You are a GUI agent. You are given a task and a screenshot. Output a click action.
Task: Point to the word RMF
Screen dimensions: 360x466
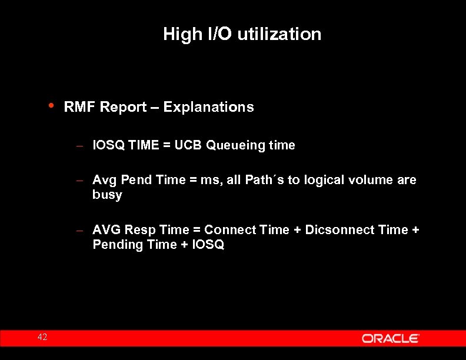(81, 107)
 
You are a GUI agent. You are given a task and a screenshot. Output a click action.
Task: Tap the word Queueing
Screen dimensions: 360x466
(235, 145)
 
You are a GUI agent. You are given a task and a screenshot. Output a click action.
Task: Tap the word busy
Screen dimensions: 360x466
(107, 195)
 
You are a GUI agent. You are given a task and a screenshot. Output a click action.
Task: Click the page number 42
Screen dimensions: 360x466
(42, 337)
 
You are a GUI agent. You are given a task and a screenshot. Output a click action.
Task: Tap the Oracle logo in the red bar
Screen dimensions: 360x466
(390, 338)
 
